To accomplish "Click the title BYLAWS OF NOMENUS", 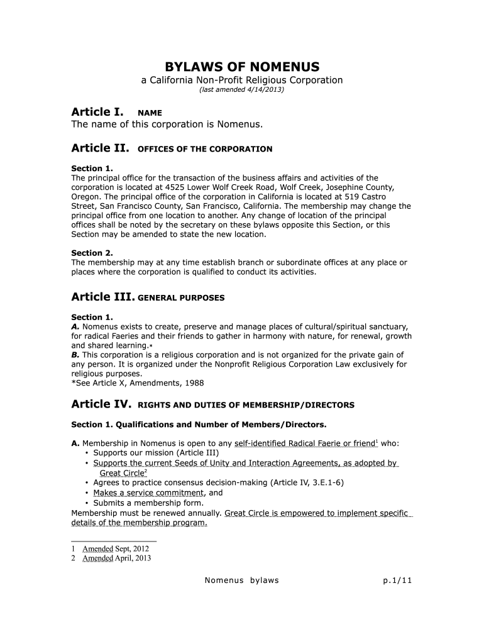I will click(x=242, y=67).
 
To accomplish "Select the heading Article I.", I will click(x=97, y=112).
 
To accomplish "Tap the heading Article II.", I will click(x=100, y=148).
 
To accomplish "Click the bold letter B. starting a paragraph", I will click(x=75, y=355).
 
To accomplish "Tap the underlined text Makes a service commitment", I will click(x=148, y=493).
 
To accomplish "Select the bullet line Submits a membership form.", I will click(x=148, y=503).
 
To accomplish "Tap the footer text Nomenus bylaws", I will click(x=242, y=580).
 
